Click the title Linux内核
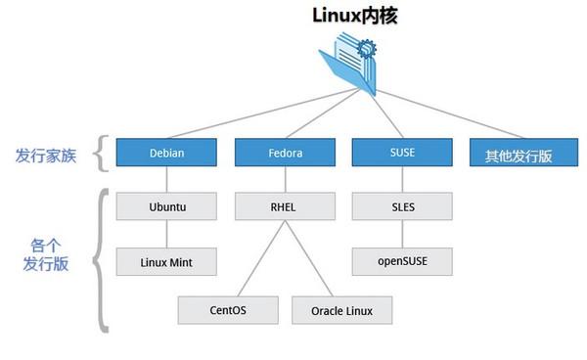[353, 16]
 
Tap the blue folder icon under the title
[351, 64]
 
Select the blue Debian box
[166, 153]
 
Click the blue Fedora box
[284, 153]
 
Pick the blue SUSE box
[401, 152]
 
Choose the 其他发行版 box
[519, 154]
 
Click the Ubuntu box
[166, 206]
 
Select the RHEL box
[284, 206]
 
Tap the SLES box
[401, 206]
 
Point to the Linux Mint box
[166, 261]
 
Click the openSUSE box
[401, 261]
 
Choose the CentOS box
[227, 310]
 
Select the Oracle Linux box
[340, 310]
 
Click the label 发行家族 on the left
[45, 155]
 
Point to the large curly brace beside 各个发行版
[99, 260]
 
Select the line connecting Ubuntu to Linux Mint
[166, 234]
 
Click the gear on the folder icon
[367, 45]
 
